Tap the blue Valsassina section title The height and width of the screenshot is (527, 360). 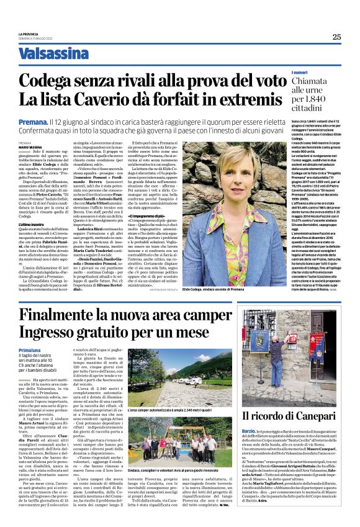click(x=53, y=54)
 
